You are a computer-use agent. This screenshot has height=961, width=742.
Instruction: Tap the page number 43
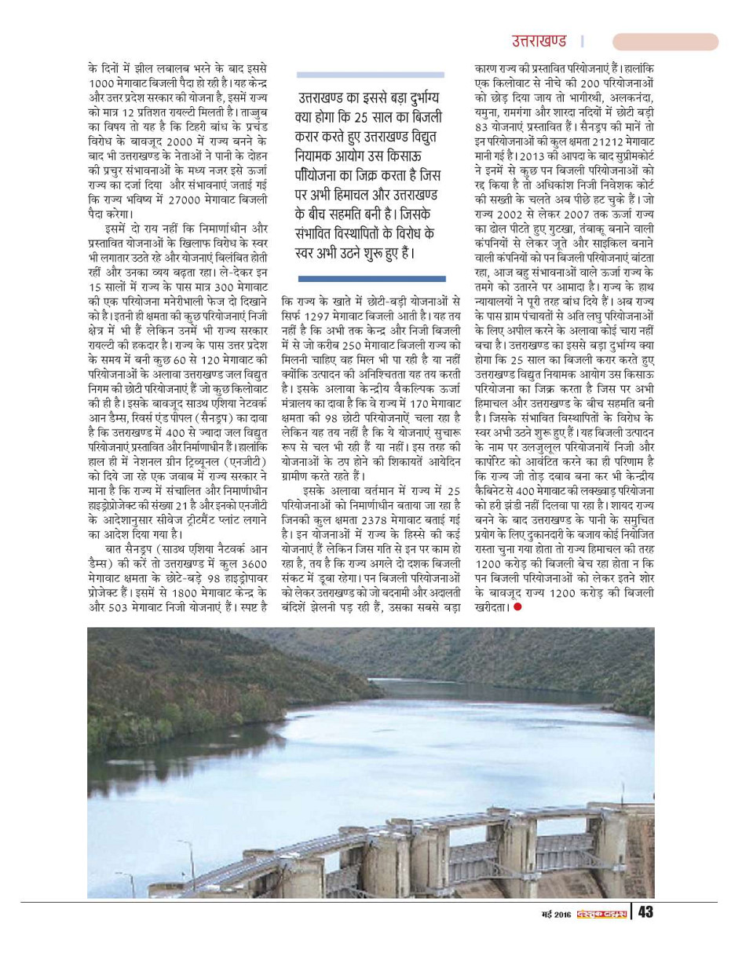click(x=645, y=913)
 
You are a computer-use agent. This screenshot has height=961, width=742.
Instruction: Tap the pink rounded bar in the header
click(x=665, y=42)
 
